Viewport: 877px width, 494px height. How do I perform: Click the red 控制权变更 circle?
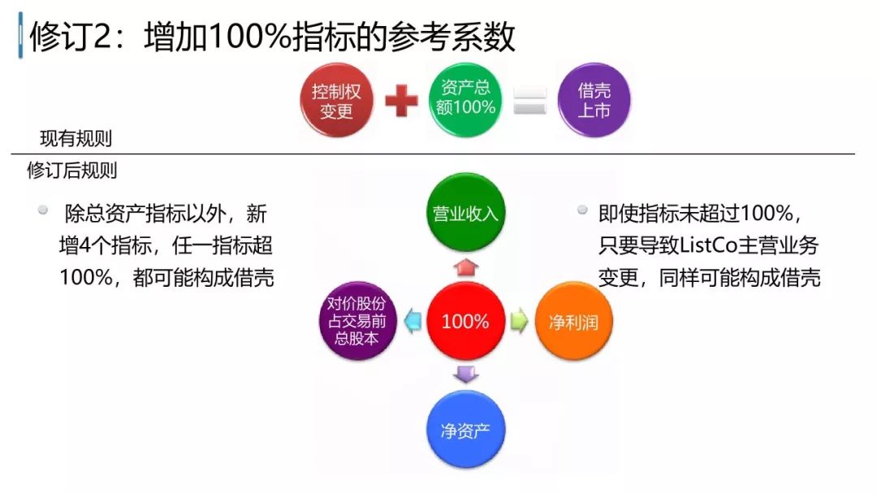(336, 101)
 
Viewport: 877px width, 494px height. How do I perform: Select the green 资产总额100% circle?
(465, 100)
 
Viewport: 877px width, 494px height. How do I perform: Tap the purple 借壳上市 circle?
(594, 100)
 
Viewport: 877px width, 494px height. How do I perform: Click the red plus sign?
(402, 101)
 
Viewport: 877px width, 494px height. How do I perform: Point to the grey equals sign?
(529, 102)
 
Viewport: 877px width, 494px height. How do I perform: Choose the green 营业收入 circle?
(465, 213)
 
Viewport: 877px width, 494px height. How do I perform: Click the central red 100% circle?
(465, 321)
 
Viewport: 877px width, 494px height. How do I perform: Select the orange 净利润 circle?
(574, 321)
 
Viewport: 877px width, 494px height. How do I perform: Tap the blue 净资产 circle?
(465, 430)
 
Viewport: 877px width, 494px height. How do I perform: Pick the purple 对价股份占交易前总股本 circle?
(357, 321)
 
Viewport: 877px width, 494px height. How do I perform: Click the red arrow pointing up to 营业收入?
(466, 266)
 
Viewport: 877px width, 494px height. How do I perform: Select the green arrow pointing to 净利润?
(520, 321)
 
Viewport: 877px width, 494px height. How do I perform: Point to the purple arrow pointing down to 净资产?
(466, 375)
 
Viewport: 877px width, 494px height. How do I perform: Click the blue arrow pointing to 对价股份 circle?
(413, 321)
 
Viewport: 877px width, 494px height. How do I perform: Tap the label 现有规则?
(76, 138)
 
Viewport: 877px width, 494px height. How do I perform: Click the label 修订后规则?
(72, 170)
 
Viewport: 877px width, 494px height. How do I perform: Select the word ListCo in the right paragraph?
(709, 245)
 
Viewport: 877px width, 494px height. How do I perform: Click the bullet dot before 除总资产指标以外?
(43, 210)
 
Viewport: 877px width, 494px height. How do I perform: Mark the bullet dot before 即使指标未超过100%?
(582, 210)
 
